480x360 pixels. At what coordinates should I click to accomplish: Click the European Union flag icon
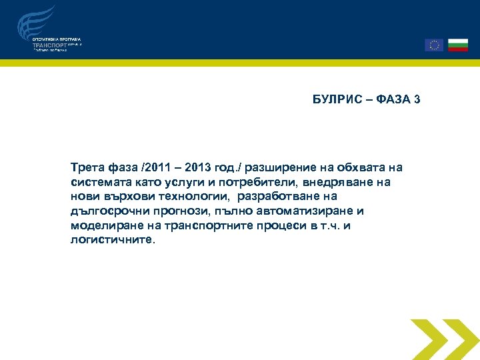pos(434,45)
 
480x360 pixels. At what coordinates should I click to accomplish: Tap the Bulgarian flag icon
pos(458,45)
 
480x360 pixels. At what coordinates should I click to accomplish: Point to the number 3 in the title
pos(417,100)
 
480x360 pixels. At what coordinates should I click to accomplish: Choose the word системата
pos(97,181)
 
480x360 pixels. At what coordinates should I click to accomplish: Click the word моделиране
pos(102,226)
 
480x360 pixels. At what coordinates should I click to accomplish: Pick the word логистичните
pos(112,241)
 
